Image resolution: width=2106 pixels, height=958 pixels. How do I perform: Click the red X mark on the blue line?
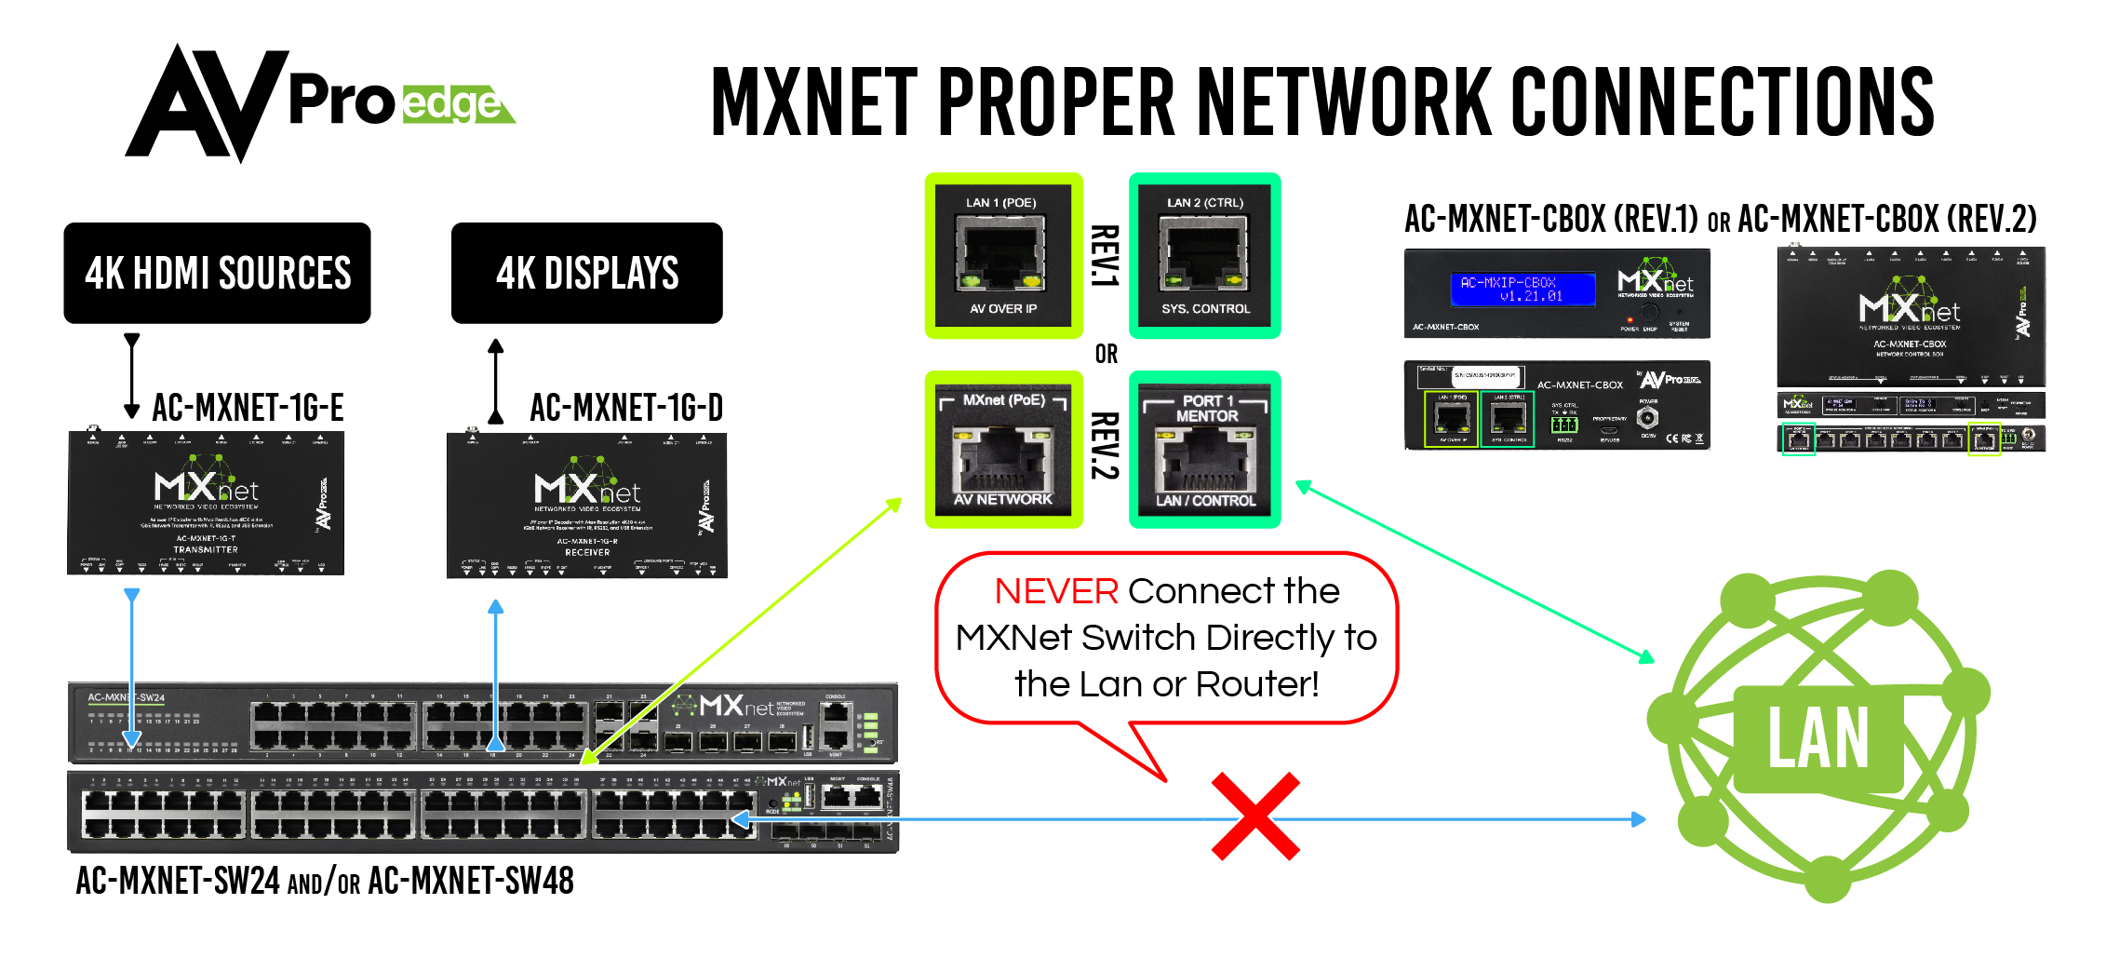pyautogui.click(x=1255, y=816)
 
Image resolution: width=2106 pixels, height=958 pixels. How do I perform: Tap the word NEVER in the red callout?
pyautogui.click(x=1055, y=591)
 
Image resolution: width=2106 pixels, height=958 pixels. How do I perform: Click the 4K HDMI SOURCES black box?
pyautogui.click(x=217, y=273)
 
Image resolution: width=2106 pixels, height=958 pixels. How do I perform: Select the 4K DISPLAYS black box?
pyautogui.click(x=586, y=273)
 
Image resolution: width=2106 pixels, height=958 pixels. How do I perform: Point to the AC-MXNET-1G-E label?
pyautogui.click(x=248, y=408)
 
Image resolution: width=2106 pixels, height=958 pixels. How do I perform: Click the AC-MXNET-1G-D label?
pyautogui.click(x=626, y=408)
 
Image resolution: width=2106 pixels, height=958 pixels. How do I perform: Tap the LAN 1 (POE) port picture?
pyautogui.click(x=1002, y=255)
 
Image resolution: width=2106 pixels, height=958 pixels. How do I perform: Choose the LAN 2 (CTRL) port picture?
pyautogui.click(x=1205, y=255)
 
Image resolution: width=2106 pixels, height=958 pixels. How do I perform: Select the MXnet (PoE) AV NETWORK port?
pyautogui.click(x=1002, y=451)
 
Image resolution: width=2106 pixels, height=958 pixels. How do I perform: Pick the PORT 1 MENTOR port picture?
pyautogui.click(x=1205, y=451)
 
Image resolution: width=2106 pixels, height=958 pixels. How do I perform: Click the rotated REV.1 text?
pyautogui.click(x=1105, y=255)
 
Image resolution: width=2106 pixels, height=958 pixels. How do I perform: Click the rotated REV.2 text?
pyautogui.click(x=1105, y=446)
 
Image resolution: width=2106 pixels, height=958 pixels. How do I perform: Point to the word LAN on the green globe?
pyautogui.click(x=1818, y=738)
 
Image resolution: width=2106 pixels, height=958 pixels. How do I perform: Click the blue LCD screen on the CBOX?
pyautogui.click(x=1522, y=289)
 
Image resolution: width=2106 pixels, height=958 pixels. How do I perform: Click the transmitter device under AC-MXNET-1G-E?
pyautogui.click(x=206, y=504)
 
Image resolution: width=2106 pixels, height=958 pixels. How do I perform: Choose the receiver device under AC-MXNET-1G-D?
pyautogui.click(x=586, y=506)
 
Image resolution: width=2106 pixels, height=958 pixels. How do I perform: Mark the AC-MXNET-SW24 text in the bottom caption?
pyautogui.click(x=177, y=881)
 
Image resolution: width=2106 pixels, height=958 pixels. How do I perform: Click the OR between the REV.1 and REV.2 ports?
pyautogui.click(x=1106, y=354)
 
